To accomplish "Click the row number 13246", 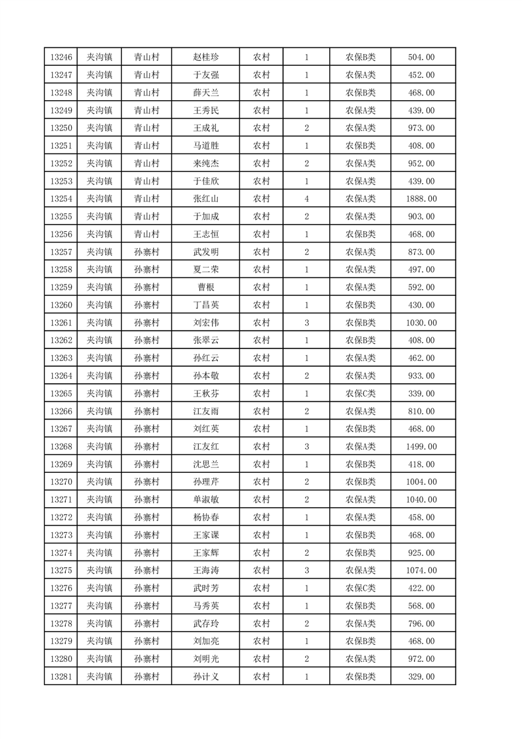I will [61, 57].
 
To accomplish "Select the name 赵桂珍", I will [205, 57].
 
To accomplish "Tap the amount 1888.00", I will [422, 198].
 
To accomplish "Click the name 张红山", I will [205, 198].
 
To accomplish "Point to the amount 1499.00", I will [422, 447].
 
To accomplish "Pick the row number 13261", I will [61, 323].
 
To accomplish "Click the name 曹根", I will [205, 287].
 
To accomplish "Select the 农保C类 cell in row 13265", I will [360, 393].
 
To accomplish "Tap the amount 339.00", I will [422, 393].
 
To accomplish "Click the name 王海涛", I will [205, 570].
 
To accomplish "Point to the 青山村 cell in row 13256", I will [147, 234].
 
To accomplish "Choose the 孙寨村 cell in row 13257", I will [147, 252].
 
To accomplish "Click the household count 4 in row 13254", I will [307, 198].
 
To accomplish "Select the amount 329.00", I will [422, 676].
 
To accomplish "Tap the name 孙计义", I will [205, 676].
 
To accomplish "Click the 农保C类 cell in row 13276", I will [360, 588].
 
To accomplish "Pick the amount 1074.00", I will [422, 570].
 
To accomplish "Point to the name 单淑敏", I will [205, 500].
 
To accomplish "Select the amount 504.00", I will [422, 57].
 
